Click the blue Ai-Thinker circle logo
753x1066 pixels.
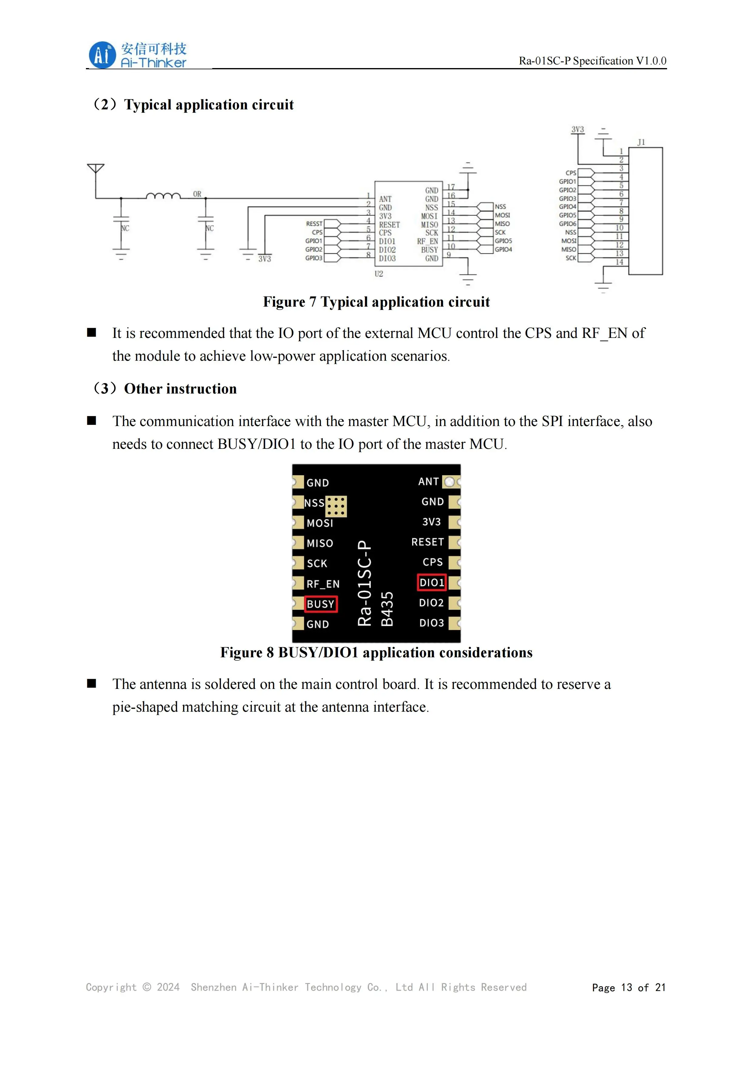click(102, 55)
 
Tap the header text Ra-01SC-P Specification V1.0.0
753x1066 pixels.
click(592, 61)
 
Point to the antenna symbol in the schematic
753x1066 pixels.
click(96, 169)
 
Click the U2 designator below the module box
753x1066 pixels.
click(379, 274)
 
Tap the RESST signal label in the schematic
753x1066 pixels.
click(314, 224)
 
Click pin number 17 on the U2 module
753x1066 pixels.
click(451, 187)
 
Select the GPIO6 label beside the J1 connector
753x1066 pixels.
click(567, 224)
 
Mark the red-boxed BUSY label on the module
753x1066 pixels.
click(321, 604)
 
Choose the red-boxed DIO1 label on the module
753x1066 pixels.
click(431, 583)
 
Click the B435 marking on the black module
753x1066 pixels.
click(387, 609)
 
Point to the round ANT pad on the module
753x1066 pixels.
click(449, 482)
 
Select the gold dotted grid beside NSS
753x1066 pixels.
click(336, 506)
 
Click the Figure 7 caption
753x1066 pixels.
click(376, 302)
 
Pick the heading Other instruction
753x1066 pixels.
click(180, 389)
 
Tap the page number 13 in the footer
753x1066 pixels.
click(626, 988)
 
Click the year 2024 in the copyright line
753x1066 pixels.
click(168, 987)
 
